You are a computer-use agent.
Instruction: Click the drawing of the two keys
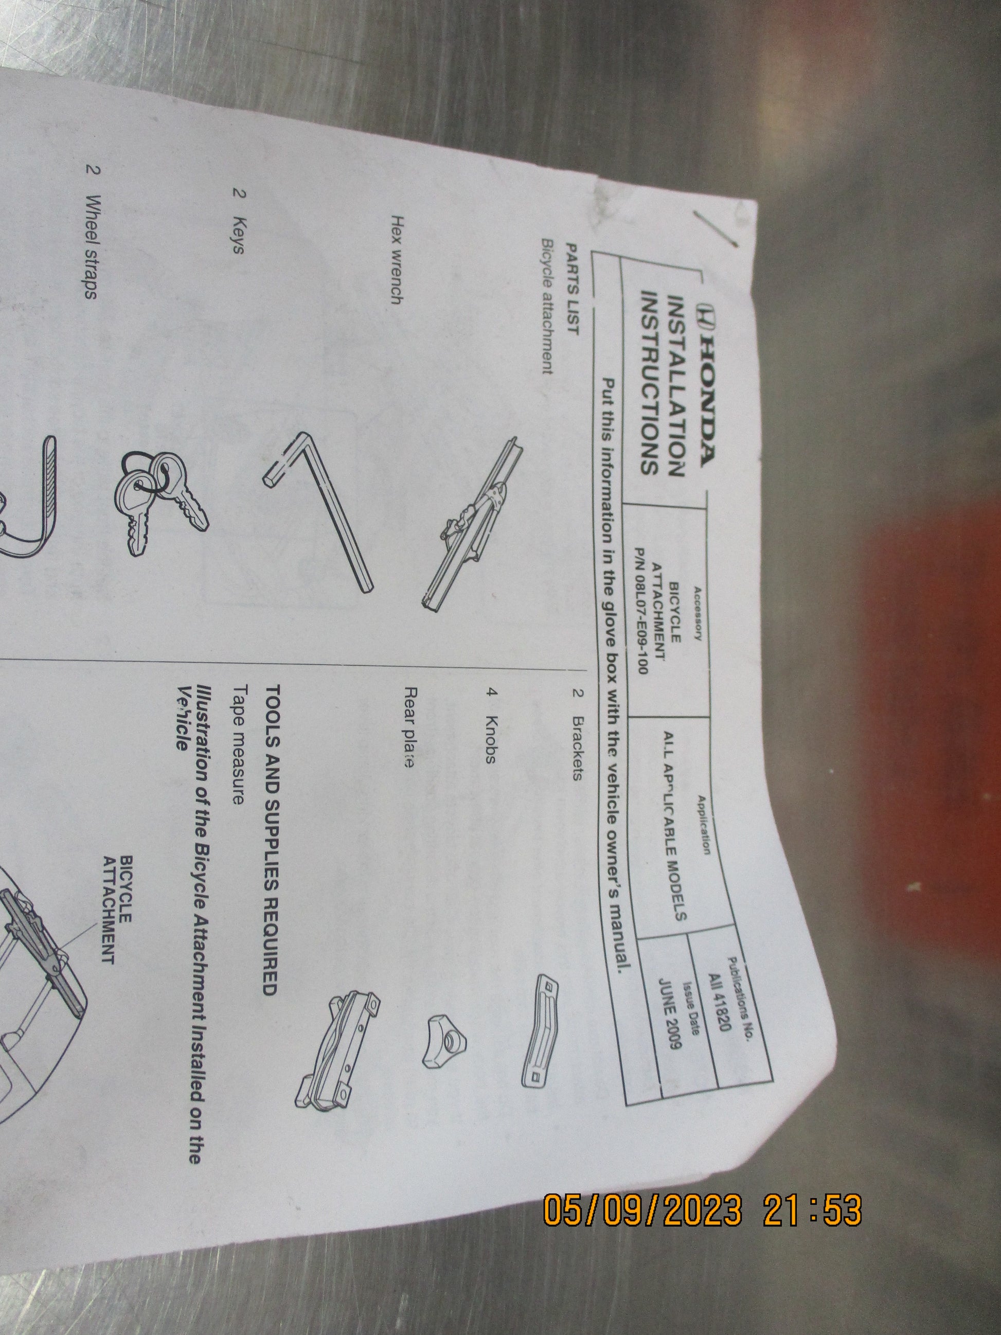pos(162,501)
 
